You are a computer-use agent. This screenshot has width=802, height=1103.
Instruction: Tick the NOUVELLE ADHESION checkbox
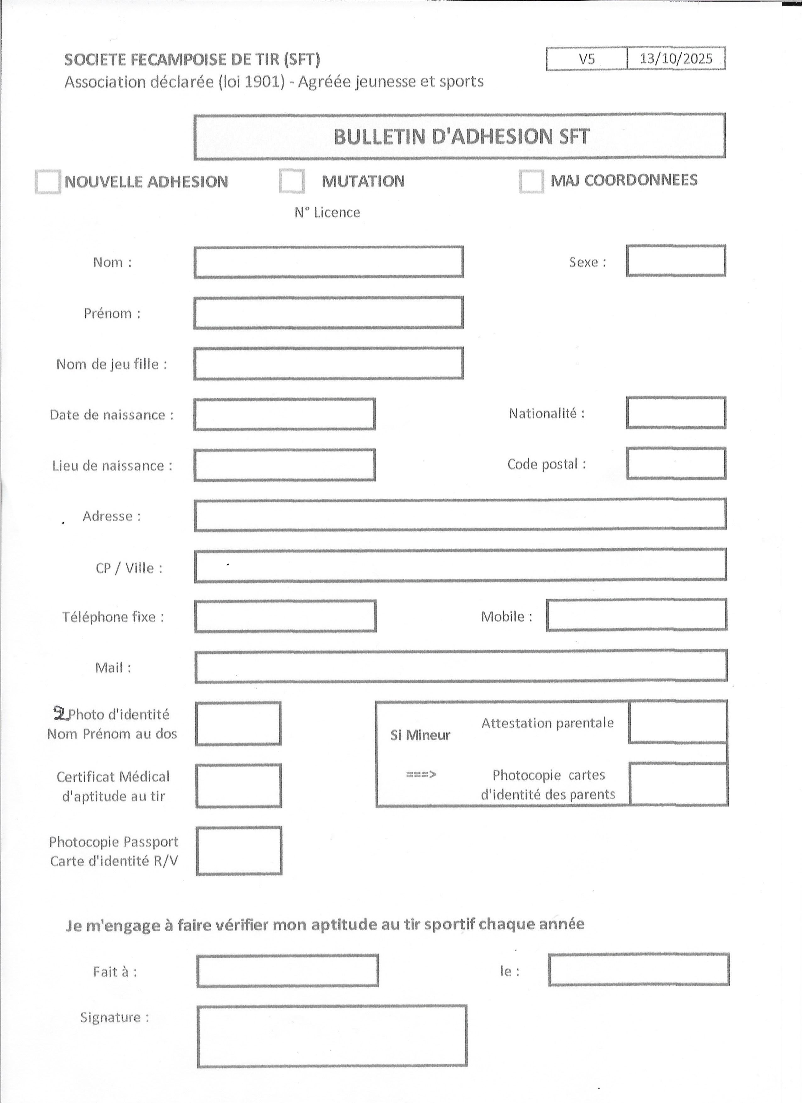[x=48, y=182]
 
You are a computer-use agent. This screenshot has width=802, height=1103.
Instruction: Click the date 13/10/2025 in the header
[x=676, y=59]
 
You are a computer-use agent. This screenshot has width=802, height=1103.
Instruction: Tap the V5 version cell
[x=587, y=59]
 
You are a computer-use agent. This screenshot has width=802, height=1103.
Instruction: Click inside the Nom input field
[x=329, y=262]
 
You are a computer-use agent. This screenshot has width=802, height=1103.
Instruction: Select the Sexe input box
[x=676, y=261]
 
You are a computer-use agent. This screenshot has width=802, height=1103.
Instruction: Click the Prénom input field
[x=329, y=313]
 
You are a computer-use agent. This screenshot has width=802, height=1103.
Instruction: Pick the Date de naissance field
[x=285, y=414]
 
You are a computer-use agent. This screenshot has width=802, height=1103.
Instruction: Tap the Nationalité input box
[x=676, y=413]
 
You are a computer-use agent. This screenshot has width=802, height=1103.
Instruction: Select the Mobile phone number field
[x=637, y=615]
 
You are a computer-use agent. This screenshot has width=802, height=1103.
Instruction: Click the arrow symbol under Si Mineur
[x=421, y=774]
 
